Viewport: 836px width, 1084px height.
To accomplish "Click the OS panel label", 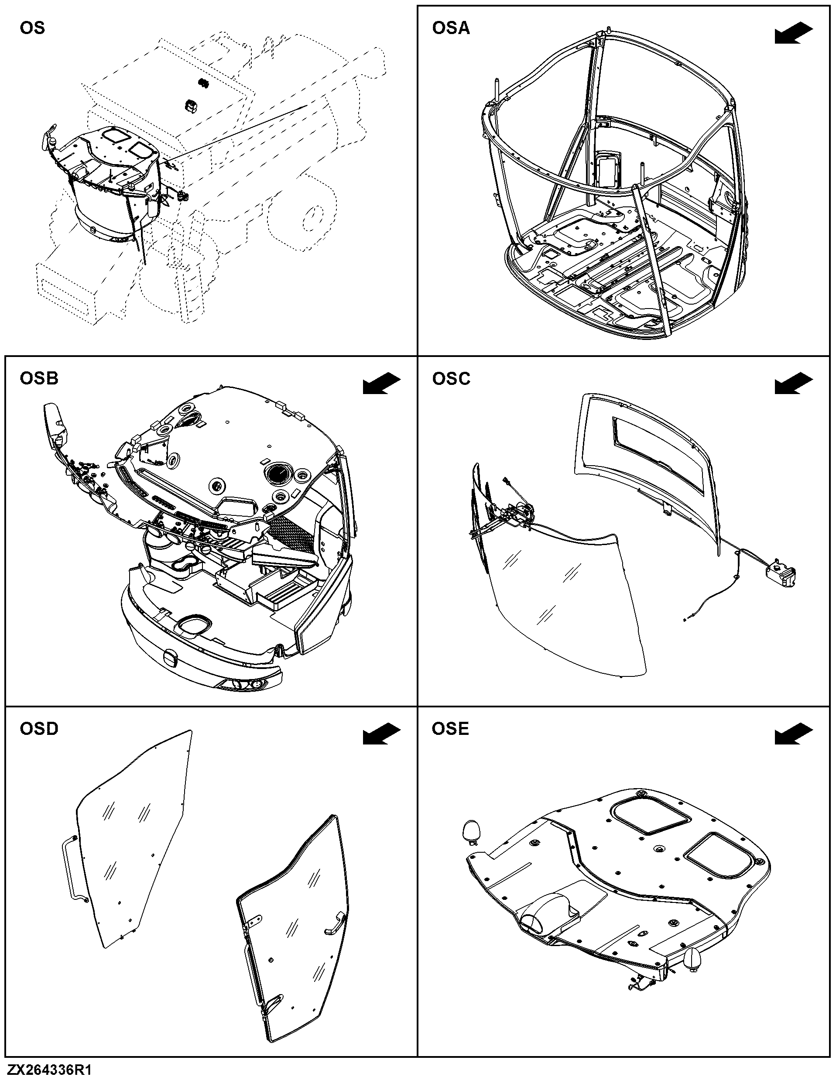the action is (32, 28).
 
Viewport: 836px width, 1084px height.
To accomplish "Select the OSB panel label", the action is (39, 378).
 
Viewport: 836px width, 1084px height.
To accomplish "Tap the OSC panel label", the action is (451, 378).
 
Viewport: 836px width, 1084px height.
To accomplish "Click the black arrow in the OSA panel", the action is (794, 34).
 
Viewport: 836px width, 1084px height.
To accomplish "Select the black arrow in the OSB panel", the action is (381, 384).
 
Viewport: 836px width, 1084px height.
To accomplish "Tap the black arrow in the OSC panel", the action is (794, 384).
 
